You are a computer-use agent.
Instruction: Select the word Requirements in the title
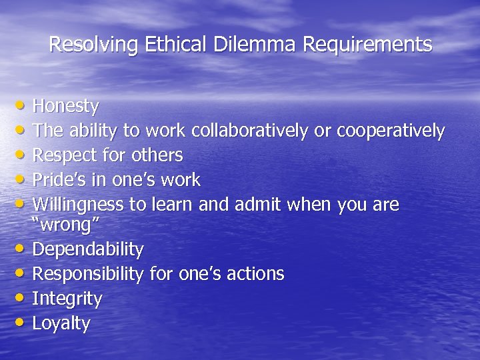(367, 45)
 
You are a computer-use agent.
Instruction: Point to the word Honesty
(65, 106)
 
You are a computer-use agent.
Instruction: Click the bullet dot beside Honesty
(23, 105)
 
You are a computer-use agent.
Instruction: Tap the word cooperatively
(391, 131)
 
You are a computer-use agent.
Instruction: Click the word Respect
(61, 155)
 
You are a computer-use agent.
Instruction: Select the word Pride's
(57, 180)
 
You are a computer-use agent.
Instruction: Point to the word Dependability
(88, 250)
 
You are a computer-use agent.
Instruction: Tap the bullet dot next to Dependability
(23, 249)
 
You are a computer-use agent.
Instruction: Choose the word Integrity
(67, 299)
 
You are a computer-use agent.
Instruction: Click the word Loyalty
(61, 324)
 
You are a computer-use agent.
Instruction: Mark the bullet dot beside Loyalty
(23, 323)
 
